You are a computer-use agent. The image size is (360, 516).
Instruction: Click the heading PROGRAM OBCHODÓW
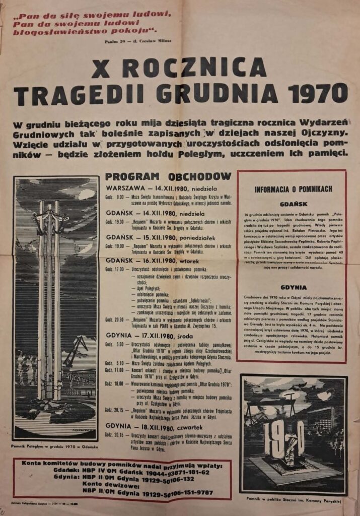click(x=168, y=176)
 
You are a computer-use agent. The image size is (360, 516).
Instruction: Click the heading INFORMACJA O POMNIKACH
click(x=293, y=189)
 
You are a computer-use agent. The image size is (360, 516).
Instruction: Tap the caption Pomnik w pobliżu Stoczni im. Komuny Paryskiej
click(x=294, y=499)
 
